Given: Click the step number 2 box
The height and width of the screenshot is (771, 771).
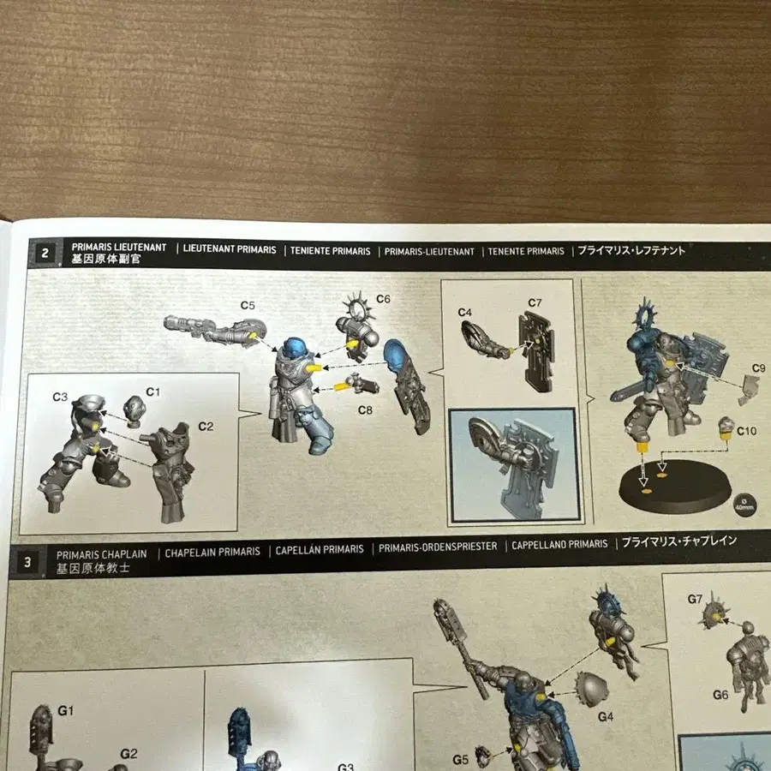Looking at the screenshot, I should [x=44, y=253].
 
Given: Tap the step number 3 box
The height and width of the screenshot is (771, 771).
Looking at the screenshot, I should [x=28, y=562].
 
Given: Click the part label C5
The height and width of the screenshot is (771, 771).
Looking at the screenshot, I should [x=248, y=305].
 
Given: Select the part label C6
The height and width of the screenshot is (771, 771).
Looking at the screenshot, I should [x=382, y=299].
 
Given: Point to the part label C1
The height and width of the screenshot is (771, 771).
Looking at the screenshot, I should [x=153, y=391].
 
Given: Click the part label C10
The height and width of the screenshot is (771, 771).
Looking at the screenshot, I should [x=746, y=431].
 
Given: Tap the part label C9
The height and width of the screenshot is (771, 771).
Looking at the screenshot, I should [x=758, y=368].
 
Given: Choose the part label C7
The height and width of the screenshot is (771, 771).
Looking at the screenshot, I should [x=535, y=302].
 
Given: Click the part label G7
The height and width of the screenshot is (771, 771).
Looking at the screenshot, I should [x=695, y=599].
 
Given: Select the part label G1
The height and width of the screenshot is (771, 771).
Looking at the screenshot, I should [x=67, y=710].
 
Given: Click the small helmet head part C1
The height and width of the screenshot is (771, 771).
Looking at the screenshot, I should [x=134, y=411].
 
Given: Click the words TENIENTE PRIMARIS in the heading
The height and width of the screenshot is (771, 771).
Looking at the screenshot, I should [x=330, y=251].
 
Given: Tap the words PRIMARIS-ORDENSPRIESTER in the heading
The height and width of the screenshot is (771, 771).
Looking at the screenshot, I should [x=438, y=547].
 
